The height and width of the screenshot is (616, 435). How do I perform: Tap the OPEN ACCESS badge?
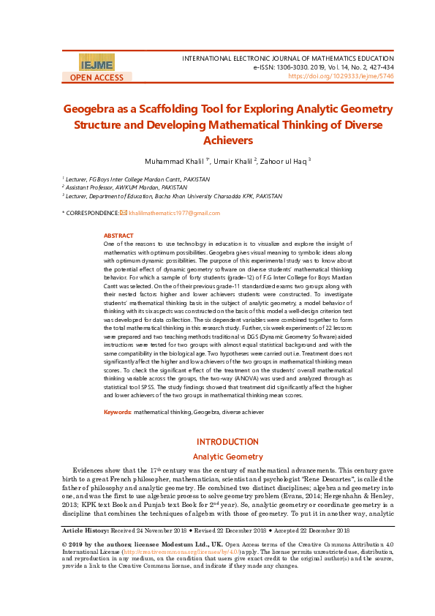(x=97, y=78)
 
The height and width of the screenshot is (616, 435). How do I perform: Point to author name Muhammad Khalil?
(x=173, y=160)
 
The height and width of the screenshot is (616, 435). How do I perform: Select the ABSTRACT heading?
(x=118, y=236)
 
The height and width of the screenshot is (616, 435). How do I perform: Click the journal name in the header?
(x=287, y=57)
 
